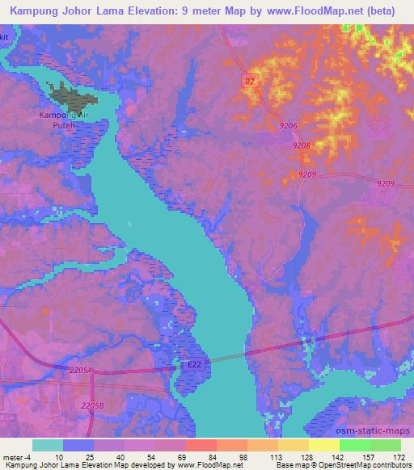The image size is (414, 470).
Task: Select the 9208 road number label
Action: (302, 145)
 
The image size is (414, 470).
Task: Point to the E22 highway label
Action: (194, 366)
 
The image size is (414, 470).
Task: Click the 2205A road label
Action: (82, 370)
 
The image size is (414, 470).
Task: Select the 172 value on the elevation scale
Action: (399, 456)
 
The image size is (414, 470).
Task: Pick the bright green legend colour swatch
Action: (355, 445)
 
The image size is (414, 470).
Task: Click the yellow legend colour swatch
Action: (323, 445)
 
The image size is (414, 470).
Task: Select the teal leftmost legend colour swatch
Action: (48, 445)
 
